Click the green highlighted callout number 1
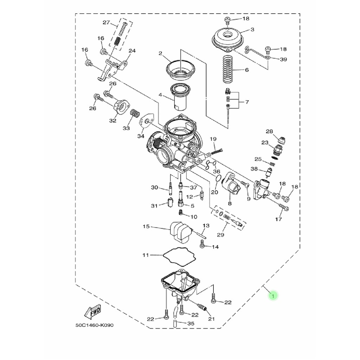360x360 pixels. (x=273, y=296)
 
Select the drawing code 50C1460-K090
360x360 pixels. (x=94, y=325)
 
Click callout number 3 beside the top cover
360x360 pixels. (x=252, y=30)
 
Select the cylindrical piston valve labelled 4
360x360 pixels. (x=180, y=97)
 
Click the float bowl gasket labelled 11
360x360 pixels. (x=179, y=255)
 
